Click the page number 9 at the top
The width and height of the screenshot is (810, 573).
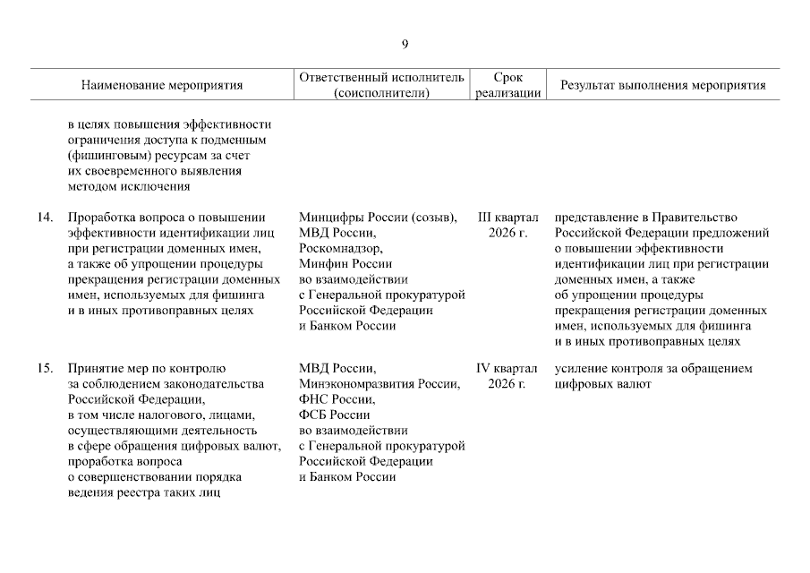tap(405, 45)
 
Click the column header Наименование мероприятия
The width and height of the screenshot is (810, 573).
tap(162, 86)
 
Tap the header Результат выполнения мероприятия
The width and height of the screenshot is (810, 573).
tap(662, 86)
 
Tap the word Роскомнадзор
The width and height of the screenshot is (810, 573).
tap(339, 249)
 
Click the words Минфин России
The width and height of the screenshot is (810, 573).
tap(345, 264)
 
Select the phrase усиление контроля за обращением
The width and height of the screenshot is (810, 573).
tap(652, 369)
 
